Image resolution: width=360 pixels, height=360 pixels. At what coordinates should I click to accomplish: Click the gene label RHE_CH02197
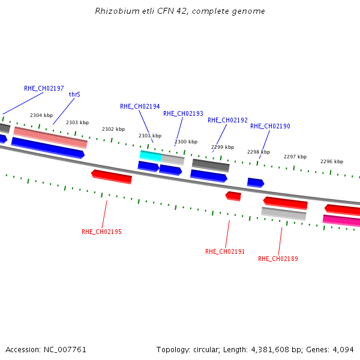[44, 88]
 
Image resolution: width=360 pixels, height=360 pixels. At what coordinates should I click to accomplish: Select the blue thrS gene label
[74, 95]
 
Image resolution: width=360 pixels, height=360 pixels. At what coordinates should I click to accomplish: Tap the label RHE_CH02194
[140, 106]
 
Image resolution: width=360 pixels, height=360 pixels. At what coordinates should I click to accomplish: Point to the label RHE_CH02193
[183, 113]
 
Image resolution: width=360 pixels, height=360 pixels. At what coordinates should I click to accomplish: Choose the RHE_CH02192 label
[227, 120]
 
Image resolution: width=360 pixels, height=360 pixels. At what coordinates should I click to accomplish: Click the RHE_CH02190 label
[270, 126]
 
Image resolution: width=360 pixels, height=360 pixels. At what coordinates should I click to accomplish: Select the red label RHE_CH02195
[101, 232]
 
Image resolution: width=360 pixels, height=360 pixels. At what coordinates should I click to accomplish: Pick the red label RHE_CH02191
[225, 251]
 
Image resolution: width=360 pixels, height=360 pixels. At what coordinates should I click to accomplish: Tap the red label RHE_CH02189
[278, 259]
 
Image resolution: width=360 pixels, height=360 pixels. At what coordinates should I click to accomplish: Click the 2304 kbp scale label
[41, 115]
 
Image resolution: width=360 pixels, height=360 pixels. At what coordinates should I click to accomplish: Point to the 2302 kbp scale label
[113, 129]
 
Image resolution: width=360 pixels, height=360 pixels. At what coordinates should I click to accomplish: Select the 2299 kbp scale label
[223, 147]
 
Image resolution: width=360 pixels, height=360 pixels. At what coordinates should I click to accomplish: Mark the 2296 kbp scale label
[331, 161]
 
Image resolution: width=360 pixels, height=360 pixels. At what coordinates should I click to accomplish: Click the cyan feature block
[151, 155]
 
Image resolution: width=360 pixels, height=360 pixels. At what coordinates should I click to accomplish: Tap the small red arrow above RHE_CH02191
[233, 196]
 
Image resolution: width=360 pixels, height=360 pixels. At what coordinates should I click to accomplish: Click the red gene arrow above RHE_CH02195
[112, 176]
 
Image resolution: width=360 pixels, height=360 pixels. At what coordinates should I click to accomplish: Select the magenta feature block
[341, 220]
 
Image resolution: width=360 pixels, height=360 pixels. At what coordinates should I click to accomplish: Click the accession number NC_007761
[67, 349]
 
